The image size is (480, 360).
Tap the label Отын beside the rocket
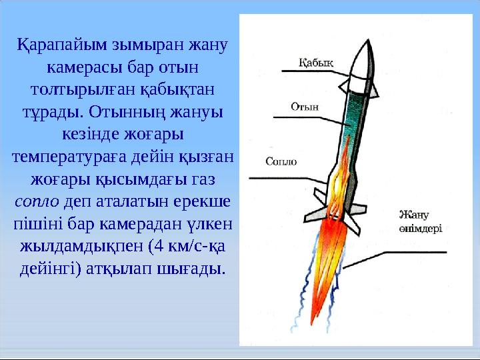tap(305, 106)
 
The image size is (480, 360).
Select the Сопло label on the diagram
tap(281, 161)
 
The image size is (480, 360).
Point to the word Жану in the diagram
tap(413, 215)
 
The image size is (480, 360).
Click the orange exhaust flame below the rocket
tap(333, 253)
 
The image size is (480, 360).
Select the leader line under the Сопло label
tap(287, 177)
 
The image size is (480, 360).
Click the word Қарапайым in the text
tap(55, 47)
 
